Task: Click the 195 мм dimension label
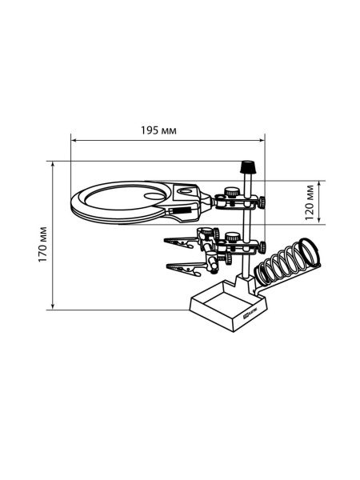158,130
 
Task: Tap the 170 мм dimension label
42,244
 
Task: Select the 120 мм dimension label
310,202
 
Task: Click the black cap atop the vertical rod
248,167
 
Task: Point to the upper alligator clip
180,242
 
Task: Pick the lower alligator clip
184,268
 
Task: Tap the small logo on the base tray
250,314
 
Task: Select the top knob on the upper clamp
232,193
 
